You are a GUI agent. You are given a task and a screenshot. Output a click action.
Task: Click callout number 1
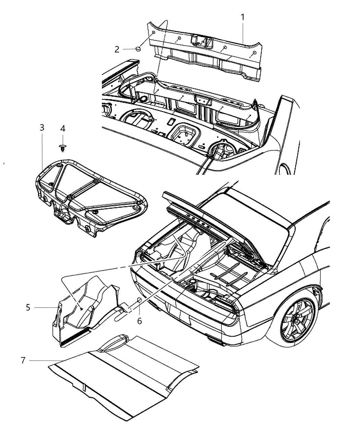(x=243, y=17)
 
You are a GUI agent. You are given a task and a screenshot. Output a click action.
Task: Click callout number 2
(x=117, y=49)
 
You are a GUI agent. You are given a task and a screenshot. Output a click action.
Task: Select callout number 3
(x=41, y=128)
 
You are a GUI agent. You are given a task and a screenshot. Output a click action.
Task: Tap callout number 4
(x=62, y=129)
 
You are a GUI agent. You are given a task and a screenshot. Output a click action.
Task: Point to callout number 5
(x=28, y=307)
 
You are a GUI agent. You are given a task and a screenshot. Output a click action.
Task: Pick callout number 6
(x=139, y=321)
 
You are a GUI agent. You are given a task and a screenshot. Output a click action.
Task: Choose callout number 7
(x=23, y=360)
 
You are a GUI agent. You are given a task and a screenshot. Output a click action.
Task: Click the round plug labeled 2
(x=139, y=49)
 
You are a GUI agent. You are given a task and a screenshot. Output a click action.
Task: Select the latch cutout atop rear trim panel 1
(x=201, y=41)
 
